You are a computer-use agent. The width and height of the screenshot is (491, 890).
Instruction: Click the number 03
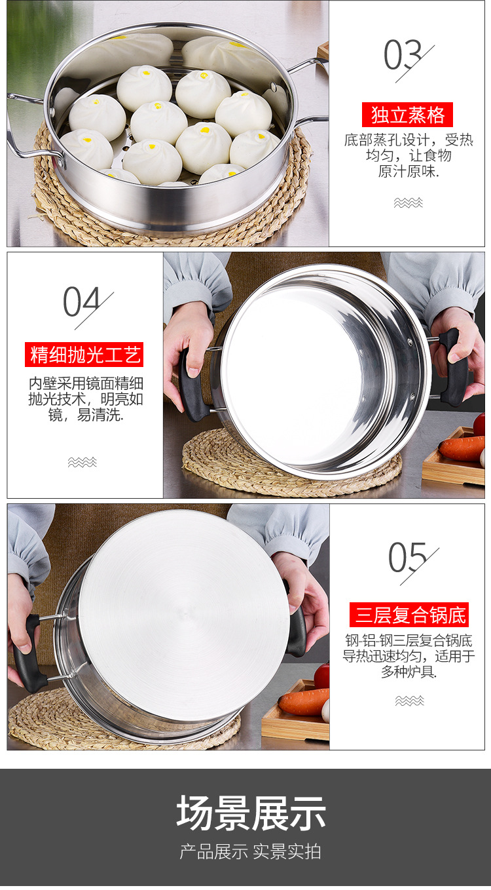point(403,56)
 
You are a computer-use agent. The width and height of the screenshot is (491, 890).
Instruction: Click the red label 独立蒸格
point(407,115)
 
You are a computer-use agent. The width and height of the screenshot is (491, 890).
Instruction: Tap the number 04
point(82,302)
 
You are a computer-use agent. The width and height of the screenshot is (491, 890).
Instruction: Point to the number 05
point(408,558)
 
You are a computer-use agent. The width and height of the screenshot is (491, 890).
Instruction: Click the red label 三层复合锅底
point(409,615)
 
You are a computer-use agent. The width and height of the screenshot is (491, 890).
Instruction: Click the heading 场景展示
point(251,813)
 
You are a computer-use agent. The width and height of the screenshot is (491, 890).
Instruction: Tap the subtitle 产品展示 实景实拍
point(251,851)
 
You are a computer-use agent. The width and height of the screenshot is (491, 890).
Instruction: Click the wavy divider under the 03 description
point(409,203)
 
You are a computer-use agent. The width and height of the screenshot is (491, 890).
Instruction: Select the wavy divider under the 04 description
point(82,462)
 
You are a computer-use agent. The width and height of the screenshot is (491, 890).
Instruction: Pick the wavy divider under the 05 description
point(409,701)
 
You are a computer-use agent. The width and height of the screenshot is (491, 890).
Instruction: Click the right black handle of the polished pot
point(454,367)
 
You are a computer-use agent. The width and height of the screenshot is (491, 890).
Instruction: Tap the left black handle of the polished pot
point(192,387)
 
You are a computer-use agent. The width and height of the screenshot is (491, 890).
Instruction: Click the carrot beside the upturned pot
point(304,701)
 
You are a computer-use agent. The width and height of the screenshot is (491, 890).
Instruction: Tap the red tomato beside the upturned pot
point(322,675)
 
